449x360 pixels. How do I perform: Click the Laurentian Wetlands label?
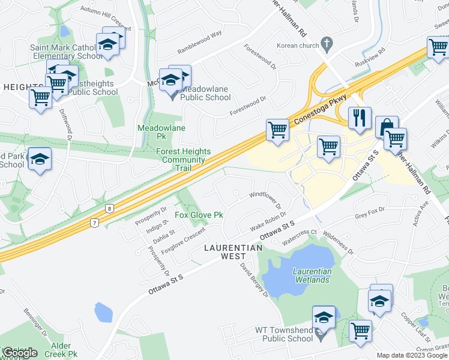312,275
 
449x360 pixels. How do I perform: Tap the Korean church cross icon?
327,44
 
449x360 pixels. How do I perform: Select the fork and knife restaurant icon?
360,117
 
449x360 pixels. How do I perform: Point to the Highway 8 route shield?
109,208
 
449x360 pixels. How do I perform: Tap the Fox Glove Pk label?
199,215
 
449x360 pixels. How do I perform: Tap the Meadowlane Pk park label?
161,132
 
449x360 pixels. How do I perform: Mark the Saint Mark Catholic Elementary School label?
63,52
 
